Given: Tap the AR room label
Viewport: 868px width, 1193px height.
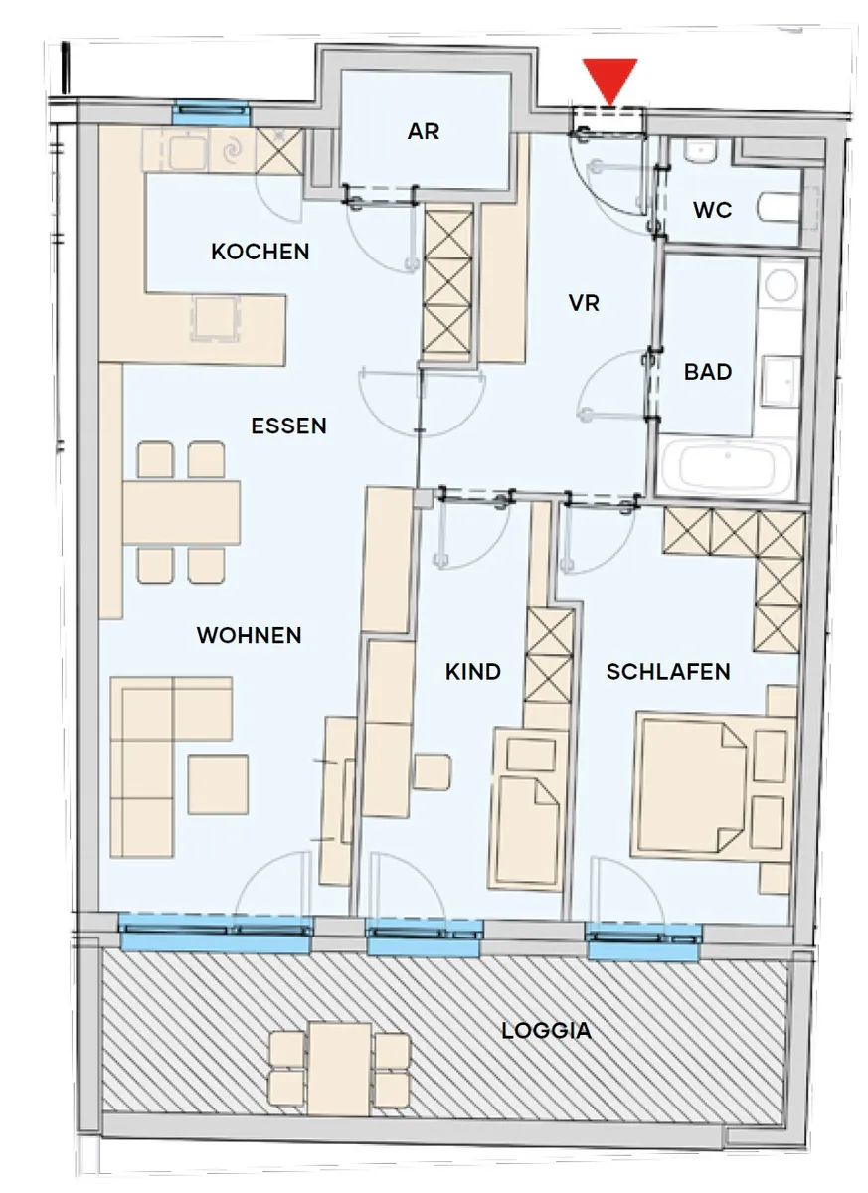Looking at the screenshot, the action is (x=424, y=131).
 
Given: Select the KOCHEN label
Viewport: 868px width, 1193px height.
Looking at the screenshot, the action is (x=260, y=252).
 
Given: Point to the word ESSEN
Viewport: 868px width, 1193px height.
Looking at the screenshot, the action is (x=288, y=426).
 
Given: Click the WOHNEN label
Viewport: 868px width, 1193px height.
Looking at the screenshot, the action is (x=250, y=635).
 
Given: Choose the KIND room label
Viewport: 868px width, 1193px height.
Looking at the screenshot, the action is (x=473, y=672).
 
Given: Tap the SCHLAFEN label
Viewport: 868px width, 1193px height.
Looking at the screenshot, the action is (x=668, y=672).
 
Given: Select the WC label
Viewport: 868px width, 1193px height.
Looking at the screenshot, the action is (x=713, y=211).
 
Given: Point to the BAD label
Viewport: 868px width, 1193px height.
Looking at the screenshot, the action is (x=708, y=372).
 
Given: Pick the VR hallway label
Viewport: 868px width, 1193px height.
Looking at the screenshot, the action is (x=584, y=303).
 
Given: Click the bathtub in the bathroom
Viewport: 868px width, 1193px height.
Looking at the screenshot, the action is (x=727, y=466).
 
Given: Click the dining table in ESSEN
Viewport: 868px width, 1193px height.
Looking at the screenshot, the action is (x=181, y=512).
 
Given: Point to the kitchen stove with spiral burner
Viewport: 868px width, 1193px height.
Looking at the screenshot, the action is (x=232, y=151).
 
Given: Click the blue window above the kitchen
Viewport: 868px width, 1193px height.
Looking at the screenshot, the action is (x=212, y=113).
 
